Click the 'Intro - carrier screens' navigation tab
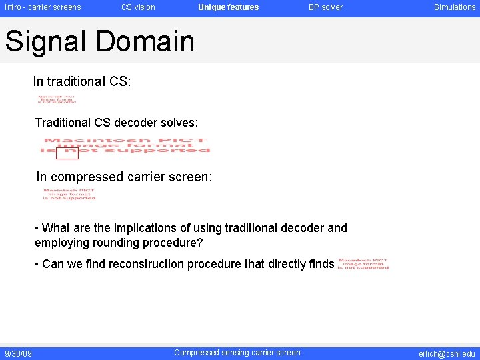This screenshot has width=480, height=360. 43,7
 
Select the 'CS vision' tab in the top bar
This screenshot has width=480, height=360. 138,7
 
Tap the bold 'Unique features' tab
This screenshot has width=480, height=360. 228,7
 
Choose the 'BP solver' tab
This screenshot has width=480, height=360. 325,7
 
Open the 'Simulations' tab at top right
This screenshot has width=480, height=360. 455,7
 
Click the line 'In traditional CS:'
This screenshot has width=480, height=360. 82,82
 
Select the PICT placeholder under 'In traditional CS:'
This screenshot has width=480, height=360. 57,100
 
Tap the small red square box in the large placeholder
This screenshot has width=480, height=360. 67,153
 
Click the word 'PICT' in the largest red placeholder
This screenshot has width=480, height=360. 189,141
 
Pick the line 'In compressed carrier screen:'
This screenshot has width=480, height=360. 124,177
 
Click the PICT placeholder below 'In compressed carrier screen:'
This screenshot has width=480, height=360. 69,194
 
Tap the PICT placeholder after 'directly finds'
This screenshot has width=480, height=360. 363,264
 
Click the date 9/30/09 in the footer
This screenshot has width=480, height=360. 19,353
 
